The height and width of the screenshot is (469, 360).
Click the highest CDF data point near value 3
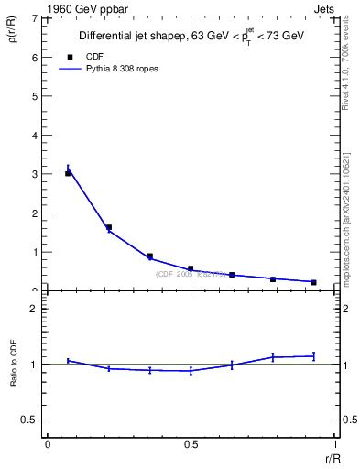point(68,173)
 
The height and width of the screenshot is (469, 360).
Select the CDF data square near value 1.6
point(109,227)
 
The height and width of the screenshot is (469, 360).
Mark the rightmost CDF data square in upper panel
point(313,282)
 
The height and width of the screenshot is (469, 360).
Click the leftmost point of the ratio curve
point(68,361)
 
